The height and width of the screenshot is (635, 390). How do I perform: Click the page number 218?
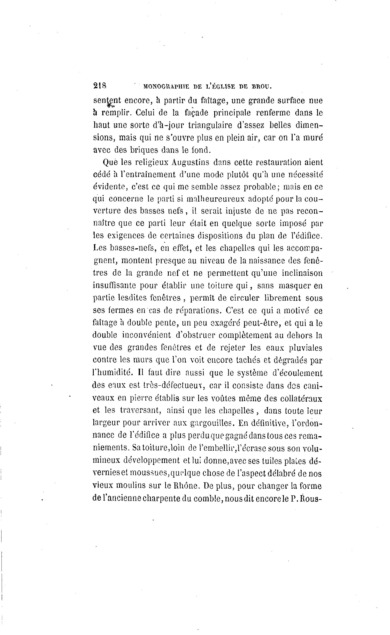[100, 86]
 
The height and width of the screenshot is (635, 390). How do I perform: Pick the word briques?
[144, 150]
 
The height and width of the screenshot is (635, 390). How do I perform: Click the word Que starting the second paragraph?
[110, 162]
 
